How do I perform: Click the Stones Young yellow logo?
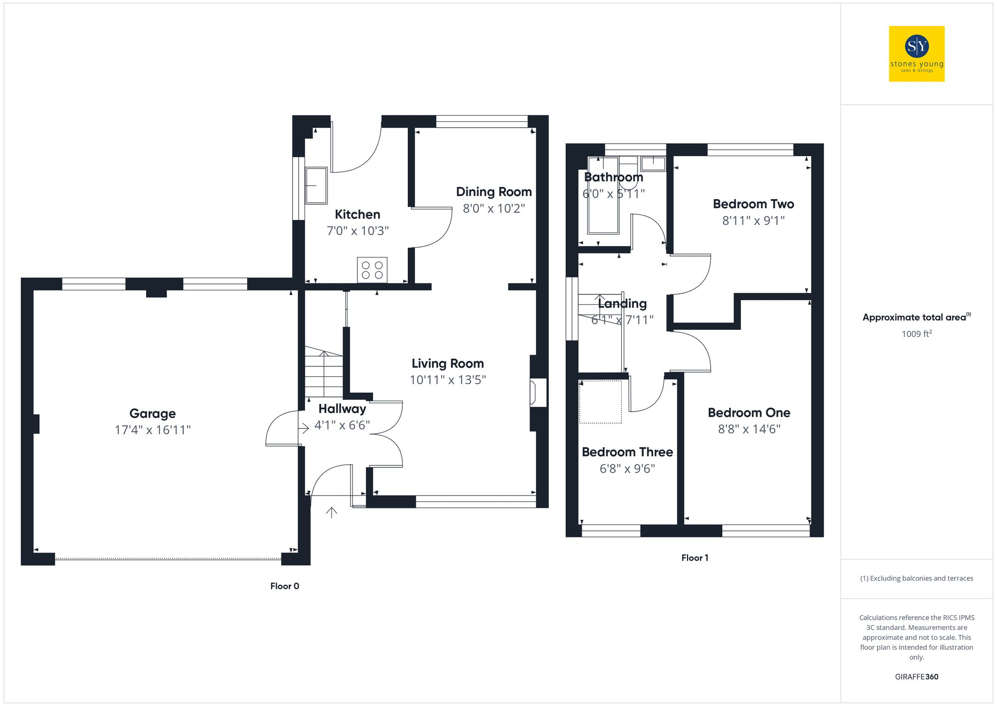coord(916,54)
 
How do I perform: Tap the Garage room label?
coord(153,414)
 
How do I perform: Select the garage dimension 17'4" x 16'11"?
coord(153,430)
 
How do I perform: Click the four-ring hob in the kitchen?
coord(372,270)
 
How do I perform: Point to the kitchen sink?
coord(316,186)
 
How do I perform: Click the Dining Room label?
coord(494,192)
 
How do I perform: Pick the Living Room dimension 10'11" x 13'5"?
coord(448,380)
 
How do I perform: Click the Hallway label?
coord(342,409)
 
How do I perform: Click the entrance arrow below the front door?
coord(332,512)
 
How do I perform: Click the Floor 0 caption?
coord(285,586)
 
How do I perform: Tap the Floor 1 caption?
coord(694,558)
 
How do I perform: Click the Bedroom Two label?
coord(753,204)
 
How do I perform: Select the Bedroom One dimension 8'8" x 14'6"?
coord(749,429)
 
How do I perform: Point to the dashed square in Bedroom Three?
coord(600,402)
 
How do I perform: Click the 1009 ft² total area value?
coord(916,334)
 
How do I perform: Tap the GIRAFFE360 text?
coord(916,677)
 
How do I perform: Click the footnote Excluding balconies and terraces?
coord(916,579)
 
